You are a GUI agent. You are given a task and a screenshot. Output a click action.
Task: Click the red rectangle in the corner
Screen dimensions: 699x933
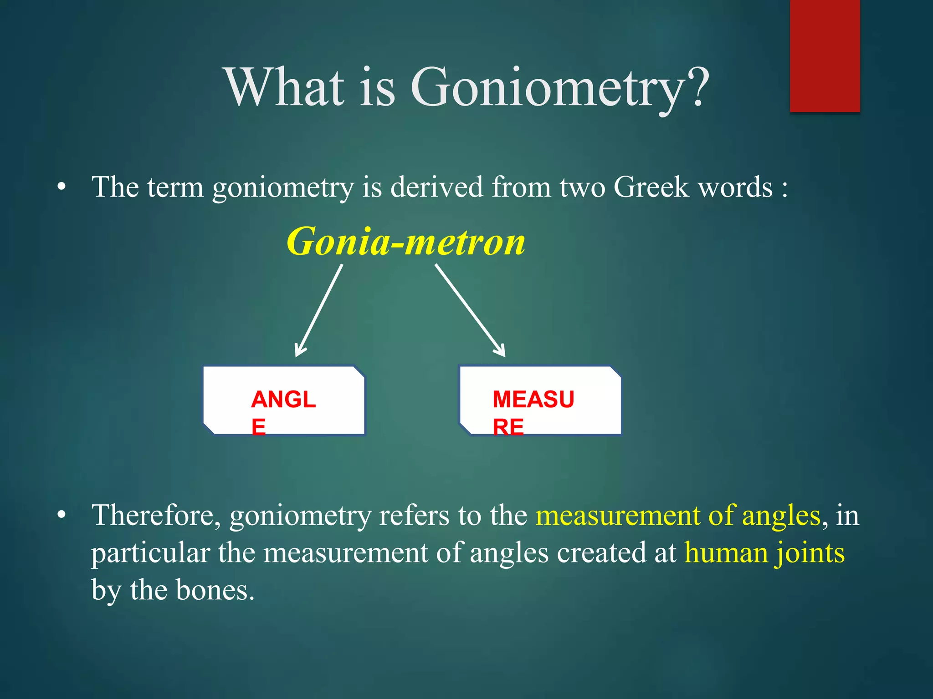click(x=825, y=56)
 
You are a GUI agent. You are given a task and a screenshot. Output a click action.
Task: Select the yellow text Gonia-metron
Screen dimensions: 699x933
click(x=405, y=242)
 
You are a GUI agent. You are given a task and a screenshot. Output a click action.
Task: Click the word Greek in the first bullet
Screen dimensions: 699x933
click(x=651, y=187)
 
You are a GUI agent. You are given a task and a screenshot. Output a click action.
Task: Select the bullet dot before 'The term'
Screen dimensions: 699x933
click(x=62, y=187)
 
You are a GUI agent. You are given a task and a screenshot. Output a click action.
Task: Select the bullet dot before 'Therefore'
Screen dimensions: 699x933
click(x=62, y=515)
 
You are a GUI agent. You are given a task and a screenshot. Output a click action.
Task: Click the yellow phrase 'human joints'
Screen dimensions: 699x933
click(x=764, y=553)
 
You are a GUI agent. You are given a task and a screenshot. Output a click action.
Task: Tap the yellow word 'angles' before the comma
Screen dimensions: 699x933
click(x=781, y=516)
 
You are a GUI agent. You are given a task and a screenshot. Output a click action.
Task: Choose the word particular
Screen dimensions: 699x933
click(x=150, y=553)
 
